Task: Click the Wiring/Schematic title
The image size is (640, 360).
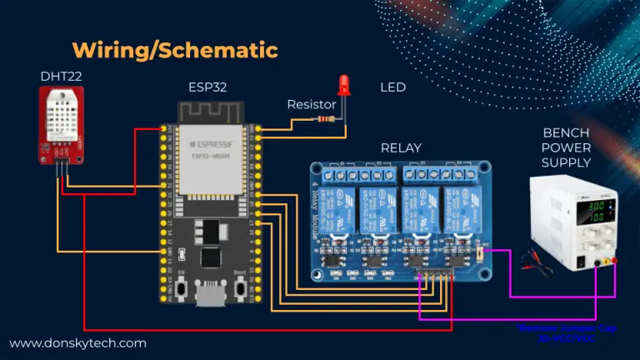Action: pos(174,49)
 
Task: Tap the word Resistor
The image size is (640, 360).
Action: pos(311,105)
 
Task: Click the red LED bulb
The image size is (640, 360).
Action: pos(343,84)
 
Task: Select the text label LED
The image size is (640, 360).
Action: pos(392,87)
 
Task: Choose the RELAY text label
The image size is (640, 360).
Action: pos(401,147)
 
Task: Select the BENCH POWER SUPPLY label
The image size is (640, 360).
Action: pos(566,147)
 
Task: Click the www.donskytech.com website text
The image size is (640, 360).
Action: pos(78,342)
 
